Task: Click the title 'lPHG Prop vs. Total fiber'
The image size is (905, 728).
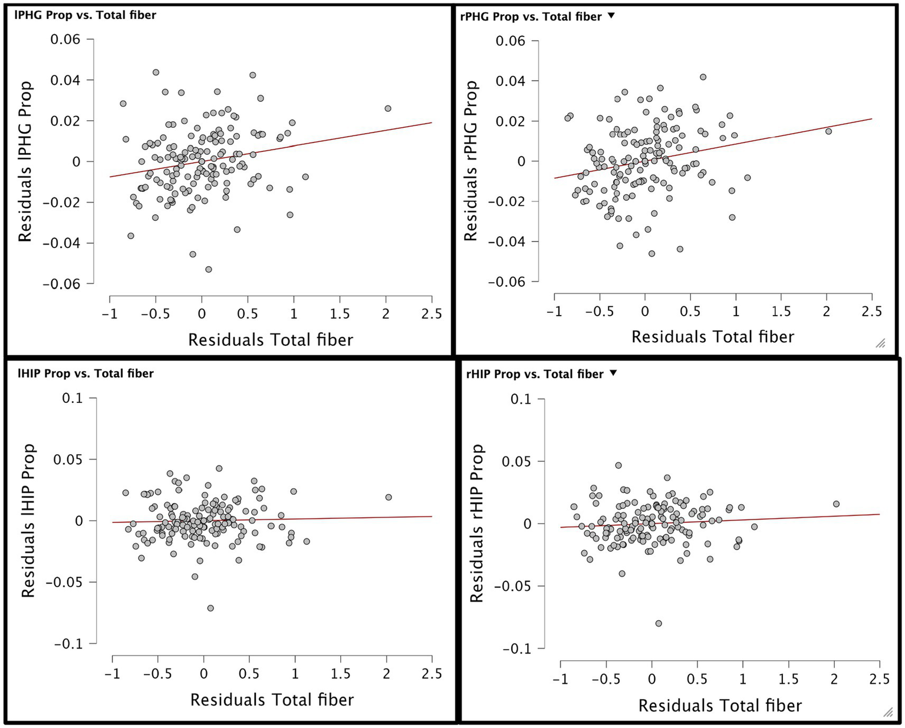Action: (x=85, y=15)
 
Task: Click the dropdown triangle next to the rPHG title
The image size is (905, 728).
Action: (x=611, y=16)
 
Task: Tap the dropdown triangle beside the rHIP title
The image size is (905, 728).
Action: (x=613, y=373)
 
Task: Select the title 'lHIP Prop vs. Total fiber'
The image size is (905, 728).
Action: (x=84, y=373)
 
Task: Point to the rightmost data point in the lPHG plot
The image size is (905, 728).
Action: (x=387, y=108)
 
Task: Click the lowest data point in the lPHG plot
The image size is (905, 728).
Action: (x=208, y=269)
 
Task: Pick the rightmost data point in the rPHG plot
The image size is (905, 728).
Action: (x=828, y=131)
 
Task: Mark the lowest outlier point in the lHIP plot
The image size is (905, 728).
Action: (x=210, y=608)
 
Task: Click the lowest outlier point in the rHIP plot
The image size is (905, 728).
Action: (x=659, y=623)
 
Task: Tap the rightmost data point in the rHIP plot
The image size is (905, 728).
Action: (x=836, y=504)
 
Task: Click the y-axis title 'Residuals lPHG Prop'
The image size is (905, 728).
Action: (x=25, y=161)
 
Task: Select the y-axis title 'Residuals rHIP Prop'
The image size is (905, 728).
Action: (x=476, y=523)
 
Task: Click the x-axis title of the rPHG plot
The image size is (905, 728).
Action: (x=713, y=337)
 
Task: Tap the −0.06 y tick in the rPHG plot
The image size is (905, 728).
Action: (x=505, y=282)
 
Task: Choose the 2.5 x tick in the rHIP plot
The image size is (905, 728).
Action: (x=879, y=679)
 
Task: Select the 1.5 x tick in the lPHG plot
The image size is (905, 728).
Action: (x=340, y=314)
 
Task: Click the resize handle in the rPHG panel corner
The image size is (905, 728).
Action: (x=880, y=343)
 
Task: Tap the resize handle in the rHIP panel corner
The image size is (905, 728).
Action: (x=887, y=712)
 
